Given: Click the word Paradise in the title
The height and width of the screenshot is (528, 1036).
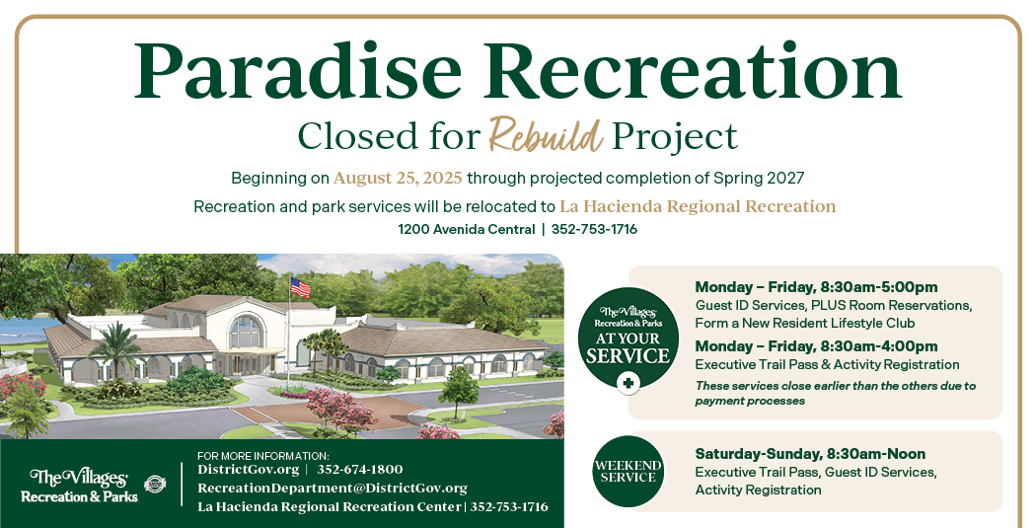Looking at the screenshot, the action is [297, 72].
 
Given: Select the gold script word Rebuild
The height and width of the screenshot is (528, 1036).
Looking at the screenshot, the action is [546, 134].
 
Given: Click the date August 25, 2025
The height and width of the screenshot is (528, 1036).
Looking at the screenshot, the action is [398, 178].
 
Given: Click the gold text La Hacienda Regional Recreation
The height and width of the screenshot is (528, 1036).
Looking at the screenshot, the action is [698, 206].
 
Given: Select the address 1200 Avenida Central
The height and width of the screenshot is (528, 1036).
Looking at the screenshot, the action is [467, 229].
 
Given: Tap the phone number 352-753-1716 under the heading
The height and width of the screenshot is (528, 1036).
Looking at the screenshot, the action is [595, 229].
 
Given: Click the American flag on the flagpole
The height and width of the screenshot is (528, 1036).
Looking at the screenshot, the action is [300, 287].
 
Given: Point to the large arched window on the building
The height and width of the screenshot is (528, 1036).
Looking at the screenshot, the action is [246, 331].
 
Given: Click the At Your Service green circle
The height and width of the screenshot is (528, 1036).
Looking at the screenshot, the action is [628, 337].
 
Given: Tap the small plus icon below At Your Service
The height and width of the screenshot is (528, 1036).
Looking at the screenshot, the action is [628, 383].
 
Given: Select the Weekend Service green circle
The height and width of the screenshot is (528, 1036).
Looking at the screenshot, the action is [628, 471].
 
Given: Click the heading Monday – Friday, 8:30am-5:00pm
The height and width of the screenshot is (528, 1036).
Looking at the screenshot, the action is [816, 287].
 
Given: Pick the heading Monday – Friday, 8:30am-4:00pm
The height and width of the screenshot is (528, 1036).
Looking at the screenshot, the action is [816, 346].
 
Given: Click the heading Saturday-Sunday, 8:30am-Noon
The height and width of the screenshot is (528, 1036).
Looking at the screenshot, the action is [810, 454].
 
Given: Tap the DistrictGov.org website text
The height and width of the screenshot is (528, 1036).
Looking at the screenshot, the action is [249, 470].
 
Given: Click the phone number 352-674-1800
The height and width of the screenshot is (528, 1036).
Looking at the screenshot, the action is [360, 470].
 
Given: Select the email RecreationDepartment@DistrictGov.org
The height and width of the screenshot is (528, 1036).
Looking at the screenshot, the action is [333, 489].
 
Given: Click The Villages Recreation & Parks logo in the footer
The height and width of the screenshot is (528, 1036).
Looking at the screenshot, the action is [79, 487].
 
